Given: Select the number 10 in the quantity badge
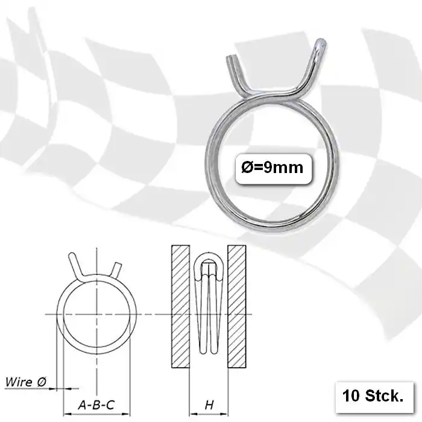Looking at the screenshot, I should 351,396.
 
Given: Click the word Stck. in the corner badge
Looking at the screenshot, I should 383,396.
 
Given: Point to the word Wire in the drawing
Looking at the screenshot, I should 18,382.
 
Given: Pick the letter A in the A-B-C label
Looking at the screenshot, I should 82,406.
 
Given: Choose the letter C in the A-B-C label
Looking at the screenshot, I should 110,406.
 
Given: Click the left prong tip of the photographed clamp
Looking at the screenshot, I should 230,58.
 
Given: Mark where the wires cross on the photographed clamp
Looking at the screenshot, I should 277,92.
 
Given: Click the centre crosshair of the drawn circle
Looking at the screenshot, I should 97,314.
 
